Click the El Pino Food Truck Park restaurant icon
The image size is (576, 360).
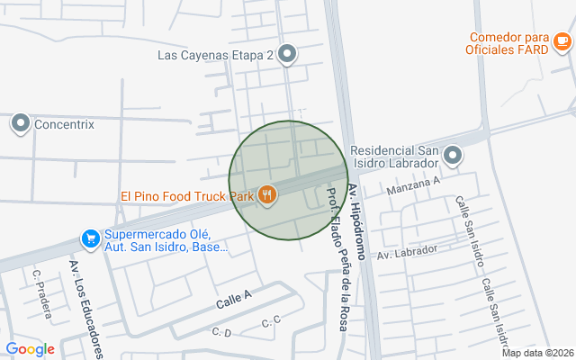click(266, 194)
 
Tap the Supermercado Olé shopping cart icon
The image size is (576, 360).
click(90, 238)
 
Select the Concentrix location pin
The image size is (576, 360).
click(20, 124)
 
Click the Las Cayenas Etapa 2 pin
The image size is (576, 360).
click(287, 55)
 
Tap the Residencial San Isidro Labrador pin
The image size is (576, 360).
click(453, 157)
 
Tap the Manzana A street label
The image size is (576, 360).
click(412, 185)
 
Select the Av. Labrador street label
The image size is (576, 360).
click(407, 252)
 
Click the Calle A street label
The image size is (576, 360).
click(234, 301)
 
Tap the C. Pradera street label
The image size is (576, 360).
click(39, 288)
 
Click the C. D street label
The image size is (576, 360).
click(221, 333)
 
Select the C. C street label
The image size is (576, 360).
click(271, 321)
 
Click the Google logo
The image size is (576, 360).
click(30, 349)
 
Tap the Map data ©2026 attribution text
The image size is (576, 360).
click(536, 353)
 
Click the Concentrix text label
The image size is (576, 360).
click(64, 125)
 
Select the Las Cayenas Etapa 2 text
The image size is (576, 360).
click(215, 55)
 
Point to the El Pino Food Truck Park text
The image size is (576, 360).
click(186, 195)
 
